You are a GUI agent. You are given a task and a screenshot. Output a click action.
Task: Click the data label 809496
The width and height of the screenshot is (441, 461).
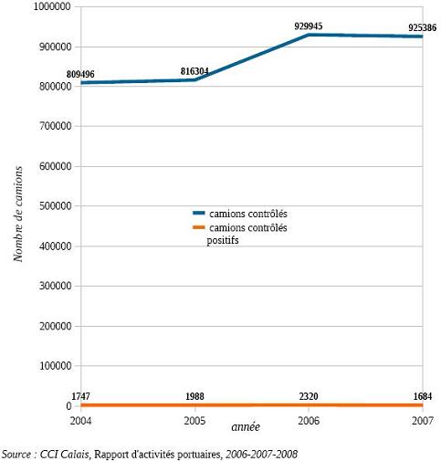tap(80, 74)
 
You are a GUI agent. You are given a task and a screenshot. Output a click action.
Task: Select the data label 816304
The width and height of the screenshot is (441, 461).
tap(194, 71)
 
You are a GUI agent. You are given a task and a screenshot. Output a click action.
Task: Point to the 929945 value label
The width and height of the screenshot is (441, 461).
tap(309, 26)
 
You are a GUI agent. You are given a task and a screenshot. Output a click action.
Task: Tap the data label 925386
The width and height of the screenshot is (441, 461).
tap(422, 27)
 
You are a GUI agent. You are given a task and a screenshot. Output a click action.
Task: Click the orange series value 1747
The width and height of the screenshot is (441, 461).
tap(80, 396)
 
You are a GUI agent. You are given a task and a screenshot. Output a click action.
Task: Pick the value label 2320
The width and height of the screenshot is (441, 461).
tap(309, 396)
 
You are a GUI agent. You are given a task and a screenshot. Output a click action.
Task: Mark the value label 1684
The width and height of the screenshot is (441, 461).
tap(423, 396)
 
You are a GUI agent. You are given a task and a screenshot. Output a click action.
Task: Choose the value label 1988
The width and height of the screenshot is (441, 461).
tap(194, 396)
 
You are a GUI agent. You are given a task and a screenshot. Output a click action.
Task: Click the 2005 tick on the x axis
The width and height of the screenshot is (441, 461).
tap(194, 421)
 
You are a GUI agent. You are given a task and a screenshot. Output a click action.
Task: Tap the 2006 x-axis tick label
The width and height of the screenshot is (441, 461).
tap(309, 421)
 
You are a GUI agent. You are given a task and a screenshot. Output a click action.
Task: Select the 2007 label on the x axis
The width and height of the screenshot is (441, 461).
tap(423, 421)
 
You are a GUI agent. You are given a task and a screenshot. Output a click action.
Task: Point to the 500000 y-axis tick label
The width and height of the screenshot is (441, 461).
tap(56, 206)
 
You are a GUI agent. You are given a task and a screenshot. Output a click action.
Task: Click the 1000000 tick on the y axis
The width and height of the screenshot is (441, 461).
tap(52, 6)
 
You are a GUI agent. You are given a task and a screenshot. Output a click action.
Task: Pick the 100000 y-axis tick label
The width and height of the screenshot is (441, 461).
tap(56, 366)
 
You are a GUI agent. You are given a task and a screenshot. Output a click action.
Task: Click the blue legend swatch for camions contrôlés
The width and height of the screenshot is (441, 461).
tap(199, 214)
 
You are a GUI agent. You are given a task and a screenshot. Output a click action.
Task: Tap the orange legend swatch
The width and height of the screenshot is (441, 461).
tap(199, 227)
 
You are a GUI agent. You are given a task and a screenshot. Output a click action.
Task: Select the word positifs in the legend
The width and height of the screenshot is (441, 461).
tap(223, 240)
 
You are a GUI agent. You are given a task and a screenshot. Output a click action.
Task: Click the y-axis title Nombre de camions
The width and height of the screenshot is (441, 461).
tap(18, 214)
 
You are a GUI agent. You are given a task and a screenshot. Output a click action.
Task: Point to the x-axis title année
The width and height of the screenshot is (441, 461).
tap(246, 427)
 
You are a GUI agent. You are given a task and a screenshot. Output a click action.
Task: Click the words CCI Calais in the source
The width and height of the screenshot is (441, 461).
tap(64, 455)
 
